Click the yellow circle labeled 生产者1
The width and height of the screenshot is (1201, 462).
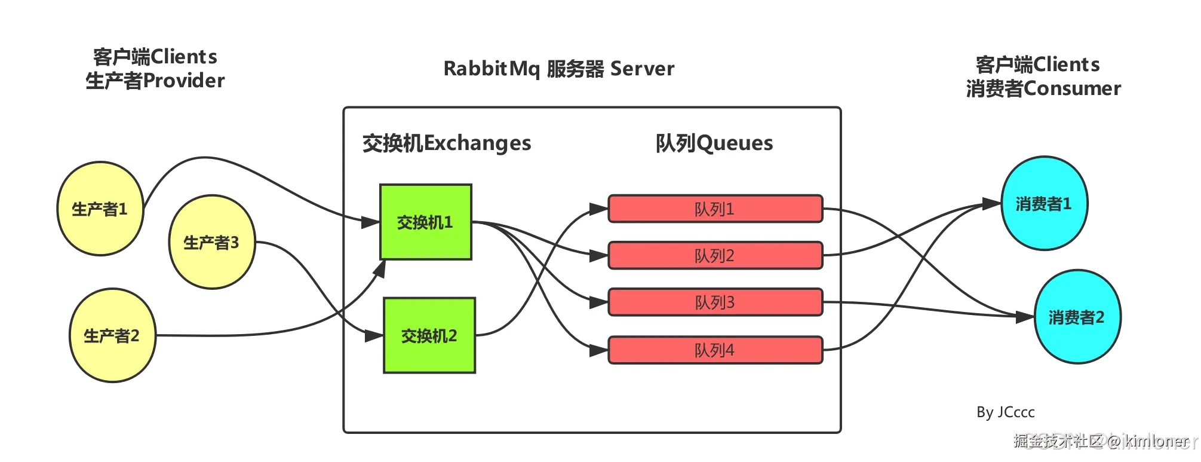[100, 209]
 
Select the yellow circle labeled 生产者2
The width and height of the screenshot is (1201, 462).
[112, 335]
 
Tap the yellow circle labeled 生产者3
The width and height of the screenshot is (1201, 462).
[211, 242]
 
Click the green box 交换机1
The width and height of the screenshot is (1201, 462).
[425, 222]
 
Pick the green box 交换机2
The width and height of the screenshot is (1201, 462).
[429, 335]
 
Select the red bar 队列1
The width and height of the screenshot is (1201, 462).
[715, 209]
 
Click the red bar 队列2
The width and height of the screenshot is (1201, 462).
[715, 255]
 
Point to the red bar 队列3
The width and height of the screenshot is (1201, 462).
[715, 302]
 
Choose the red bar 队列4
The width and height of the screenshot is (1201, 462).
[715, 350]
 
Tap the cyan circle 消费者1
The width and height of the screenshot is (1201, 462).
[1043, 203]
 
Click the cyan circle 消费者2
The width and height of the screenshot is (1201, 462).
[1076, 317]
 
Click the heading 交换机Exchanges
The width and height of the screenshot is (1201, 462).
[447, 143]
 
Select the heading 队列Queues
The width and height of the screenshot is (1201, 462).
[714, 143]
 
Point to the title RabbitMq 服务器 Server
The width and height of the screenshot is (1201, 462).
[560, 69]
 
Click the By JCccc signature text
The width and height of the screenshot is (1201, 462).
[1005, 412]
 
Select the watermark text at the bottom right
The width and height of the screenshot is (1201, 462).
[1105, 441]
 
